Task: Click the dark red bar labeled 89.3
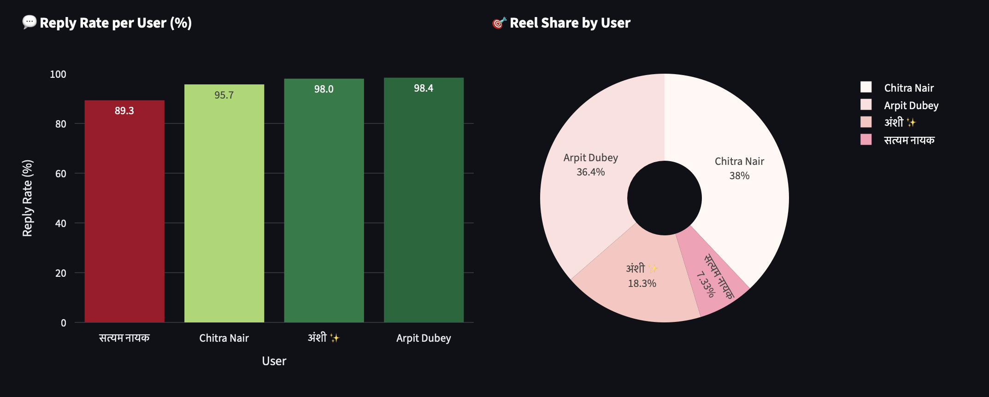pos(124,212)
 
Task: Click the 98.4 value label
pos(424,88)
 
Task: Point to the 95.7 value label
pos(224,95)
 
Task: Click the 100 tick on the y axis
pos(58,74)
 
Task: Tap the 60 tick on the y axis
pos(61,174)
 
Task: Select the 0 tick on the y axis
pos(64,323)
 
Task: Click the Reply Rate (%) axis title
pos(28,198)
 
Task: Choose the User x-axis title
pos(274,361)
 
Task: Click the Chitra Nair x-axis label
pos(224,338)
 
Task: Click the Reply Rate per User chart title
pos(115,23)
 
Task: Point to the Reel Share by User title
pos(570,23)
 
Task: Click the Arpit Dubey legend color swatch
pos(866,105)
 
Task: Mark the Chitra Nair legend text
pos(909,88)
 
